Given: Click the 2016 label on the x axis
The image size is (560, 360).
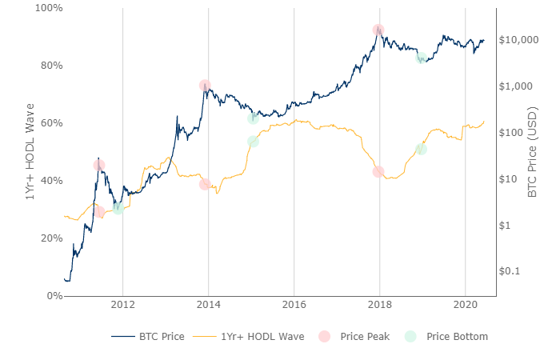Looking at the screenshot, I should tap(294, 305).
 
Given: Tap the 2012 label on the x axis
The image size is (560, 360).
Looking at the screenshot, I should tap(122, 305).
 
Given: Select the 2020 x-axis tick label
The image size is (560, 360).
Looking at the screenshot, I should tap(465, 305).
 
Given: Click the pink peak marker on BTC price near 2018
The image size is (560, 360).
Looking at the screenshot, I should tap(378, 30).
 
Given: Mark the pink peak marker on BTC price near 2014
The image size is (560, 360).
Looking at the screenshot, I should tap(205, 86).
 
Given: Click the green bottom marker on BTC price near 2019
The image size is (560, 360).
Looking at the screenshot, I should tap(421, 58).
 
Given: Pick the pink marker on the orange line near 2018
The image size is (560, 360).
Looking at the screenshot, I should tap(378, 172).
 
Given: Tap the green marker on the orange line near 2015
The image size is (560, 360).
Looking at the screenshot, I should tap(253, 142).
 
